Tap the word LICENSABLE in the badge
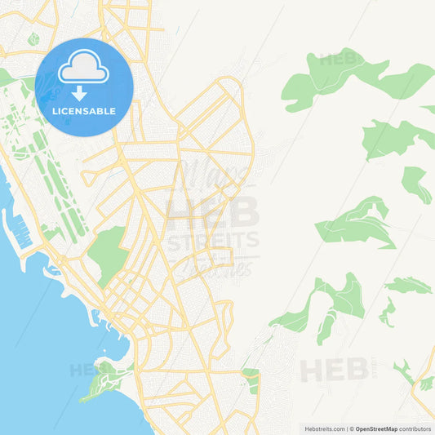84,111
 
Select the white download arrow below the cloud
79,92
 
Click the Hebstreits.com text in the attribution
324,428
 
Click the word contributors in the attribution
415,428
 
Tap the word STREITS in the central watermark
211,239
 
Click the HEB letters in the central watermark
212,211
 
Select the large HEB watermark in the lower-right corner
334,370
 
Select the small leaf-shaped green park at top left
33,38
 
